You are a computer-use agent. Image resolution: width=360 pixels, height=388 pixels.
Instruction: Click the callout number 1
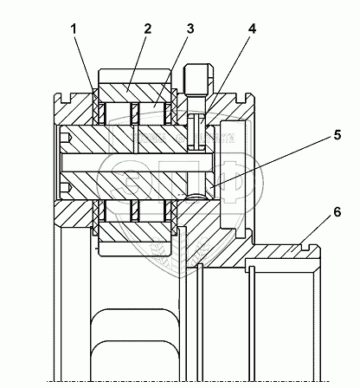[x=74, y=29]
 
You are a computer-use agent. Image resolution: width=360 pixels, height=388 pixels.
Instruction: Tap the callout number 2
[x=147, y=29]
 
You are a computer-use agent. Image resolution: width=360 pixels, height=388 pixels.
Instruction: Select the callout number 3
[x=190, y=29]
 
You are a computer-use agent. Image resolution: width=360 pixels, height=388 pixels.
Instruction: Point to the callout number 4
[x=252, y=29]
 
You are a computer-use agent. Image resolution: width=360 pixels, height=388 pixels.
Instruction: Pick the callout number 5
[x=337, y=135]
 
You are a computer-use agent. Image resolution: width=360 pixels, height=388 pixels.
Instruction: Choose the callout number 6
[x=337, y=212]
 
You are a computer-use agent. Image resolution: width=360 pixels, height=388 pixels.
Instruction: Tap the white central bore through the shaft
[x=138, y=162]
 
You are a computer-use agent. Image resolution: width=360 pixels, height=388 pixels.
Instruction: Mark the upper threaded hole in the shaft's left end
[x=66, y=138]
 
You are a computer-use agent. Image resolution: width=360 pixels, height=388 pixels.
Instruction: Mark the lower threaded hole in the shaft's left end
[x=66, y=189]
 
